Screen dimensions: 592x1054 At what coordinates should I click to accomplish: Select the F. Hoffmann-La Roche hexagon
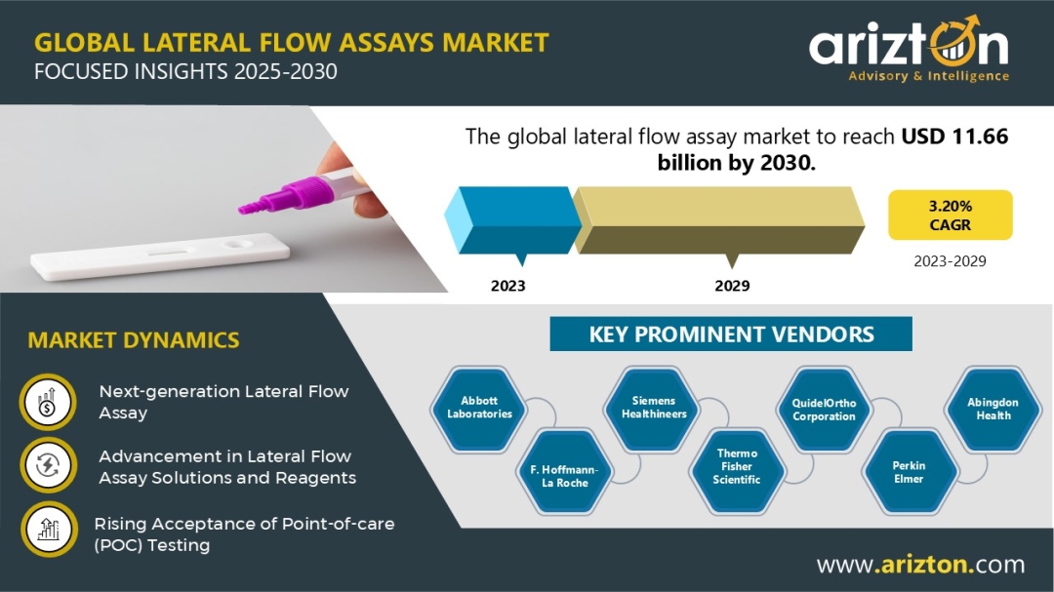click(565, 476)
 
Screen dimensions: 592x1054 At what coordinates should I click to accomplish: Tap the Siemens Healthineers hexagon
click(653, 408)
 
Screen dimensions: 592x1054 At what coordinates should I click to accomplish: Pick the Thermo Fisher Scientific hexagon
click(737, 466)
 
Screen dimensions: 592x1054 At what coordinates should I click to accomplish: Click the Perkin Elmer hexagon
click(909, 472)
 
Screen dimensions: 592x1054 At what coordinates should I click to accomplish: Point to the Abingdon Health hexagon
click(993, 409)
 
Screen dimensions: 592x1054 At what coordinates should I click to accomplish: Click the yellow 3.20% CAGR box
click(950, 215)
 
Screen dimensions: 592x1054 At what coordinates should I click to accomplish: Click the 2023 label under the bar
click(507, 286)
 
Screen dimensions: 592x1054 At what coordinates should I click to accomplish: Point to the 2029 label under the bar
click(732, 286)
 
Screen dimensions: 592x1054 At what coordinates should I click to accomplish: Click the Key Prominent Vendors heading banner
click(731, 335)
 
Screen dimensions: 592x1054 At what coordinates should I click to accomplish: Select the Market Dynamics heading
click(134, 340)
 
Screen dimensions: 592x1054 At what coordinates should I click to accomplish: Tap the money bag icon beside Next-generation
click(47, 402)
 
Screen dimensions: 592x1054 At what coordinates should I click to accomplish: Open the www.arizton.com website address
click(920, 565)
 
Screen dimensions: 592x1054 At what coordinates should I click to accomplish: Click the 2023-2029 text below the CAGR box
click(950, 261)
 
